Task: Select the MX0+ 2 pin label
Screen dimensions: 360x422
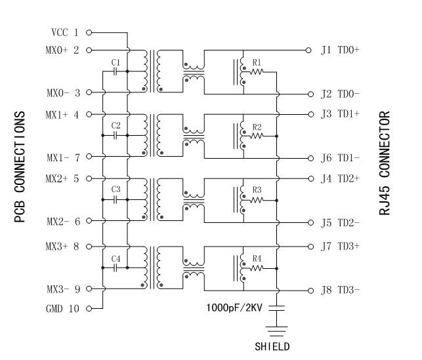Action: coord(63,50)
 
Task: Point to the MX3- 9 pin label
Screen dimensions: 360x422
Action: coord(63,289)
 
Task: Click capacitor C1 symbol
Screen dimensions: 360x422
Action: coord(116,71)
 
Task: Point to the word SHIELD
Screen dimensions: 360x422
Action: coord(272,346)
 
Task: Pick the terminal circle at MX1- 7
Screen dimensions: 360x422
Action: coord(88,157)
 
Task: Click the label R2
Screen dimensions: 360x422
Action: coord(257,126)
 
